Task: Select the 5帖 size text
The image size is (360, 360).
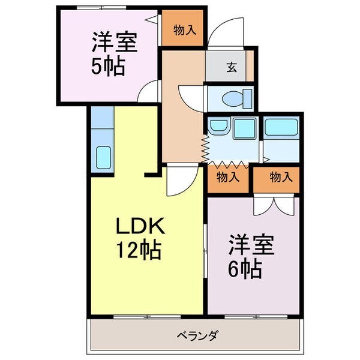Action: click(108, 65)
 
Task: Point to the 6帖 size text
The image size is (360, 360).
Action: click(244, 268)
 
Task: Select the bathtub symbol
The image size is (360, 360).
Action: click(281, 127)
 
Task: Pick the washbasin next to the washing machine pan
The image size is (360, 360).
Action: click(218, 126)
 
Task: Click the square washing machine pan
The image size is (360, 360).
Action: click(244, 128)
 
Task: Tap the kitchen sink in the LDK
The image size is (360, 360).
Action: click(103, 157)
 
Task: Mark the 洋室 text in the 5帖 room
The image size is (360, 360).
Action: click(114, 43)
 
